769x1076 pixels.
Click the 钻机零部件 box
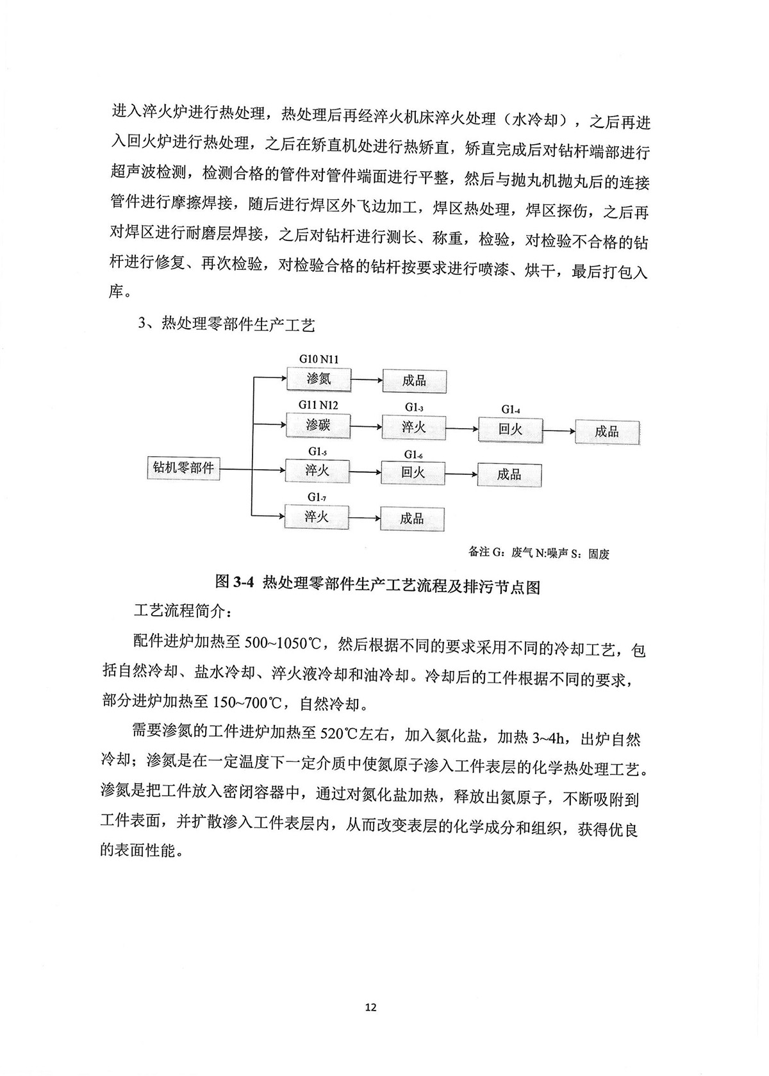(183, 468)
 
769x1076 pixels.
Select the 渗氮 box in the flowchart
(318, 379)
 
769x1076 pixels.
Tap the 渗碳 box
(318, 424)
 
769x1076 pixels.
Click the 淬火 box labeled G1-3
(414, 426)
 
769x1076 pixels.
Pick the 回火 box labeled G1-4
(510, 429)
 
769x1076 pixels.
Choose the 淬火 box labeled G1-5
(317, 470)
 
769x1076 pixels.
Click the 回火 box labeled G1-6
(413, 473)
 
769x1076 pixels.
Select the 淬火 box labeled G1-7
(317, 516)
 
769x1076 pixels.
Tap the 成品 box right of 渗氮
(414, 381)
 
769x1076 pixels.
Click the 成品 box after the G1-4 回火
(607, 431)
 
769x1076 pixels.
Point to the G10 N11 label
(318, 359)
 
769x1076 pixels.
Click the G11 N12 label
(318, 405)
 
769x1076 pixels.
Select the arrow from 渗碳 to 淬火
(366, 426)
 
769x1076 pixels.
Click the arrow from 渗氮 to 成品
(366, 380)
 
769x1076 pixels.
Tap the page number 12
(370, 1007)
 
